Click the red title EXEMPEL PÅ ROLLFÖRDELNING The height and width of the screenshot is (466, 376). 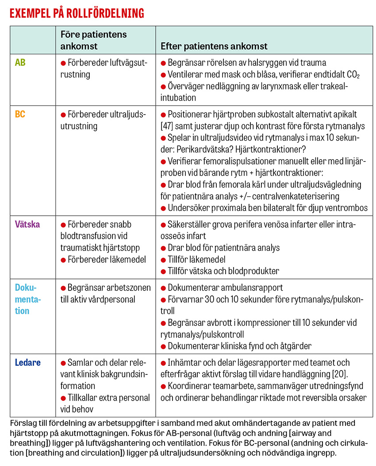click(77, 13)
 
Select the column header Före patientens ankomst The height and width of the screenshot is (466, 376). click(93, 40)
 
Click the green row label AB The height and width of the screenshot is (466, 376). click(20, 63)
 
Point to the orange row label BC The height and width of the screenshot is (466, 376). click(20, 115)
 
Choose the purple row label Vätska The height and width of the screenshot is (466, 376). click(27, 224)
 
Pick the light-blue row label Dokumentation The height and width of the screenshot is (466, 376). click(28, 299)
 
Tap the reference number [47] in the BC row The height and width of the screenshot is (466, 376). click(169, 126)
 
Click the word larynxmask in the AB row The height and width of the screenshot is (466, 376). click(263, 86)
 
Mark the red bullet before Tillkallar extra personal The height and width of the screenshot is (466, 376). click(64, 397)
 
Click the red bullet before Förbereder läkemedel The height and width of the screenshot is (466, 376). click(64, 259)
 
